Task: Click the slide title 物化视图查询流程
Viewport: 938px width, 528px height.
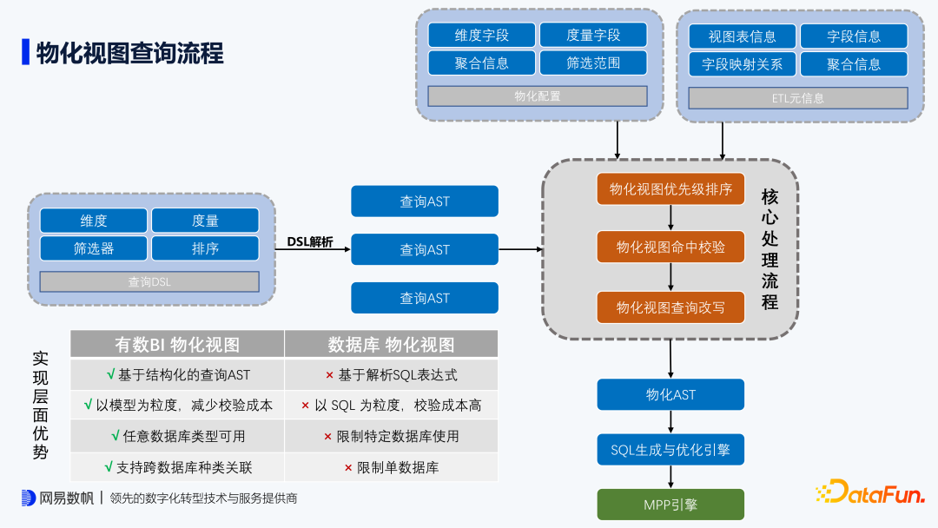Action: (129, 53)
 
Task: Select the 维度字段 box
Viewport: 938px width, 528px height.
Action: (482, 36)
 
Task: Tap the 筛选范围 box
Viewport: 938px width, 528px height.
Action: (593, 63)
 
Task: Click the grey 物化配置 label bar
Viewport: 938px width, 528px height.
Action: (538, 96)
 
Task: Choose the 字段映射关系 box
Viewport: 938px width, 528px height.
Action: (742, 64)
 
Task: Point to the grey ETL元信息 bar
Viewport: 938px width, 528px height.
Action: (797, 98)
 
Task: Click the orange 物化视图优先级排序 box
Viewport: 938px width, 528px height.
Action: (670, 189)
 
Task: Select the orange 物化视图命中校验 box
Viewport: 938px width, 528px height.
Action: (670, 247)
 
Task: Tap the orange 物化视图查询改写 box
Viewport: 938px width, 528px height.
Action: (670, 307)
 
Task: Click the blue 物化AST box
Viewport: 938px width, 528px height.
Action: (670, 394)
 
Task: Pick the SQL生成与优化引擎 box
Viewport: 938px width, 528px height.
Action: (670, 450)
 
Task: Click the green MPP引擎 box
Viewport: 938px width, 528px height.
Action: (670, 505)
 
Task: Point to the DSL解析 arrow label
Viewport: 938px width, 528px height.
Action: (310, 241)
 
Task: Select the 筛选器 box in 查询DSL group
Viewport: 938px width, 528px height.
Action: (94, 248)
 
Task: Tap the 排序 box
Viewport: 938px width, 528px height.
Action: (205, 248)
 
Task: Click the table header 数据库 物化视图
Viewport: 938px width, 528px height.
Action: (391, 345)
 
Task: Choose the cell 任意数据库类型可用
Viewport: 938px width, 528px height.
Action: (178, 436)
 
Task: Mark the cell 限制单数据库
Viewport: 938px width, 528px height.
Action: (392, 467)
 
